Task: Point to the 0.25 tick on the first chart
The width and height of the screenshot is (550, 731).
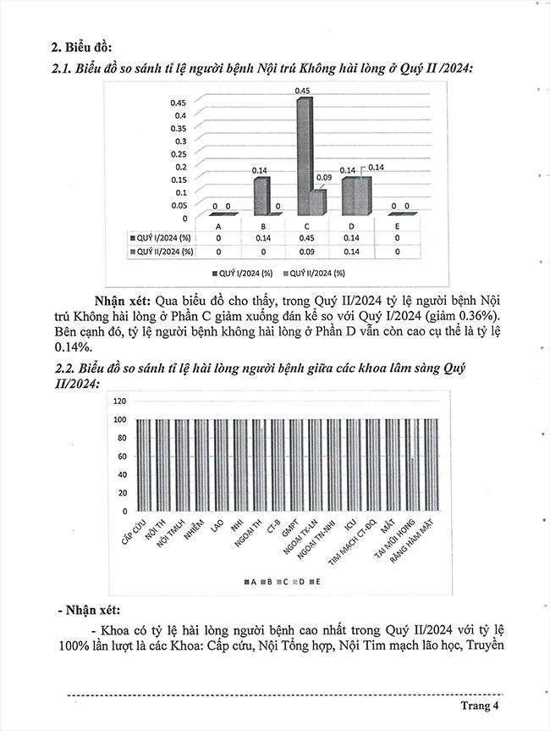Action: tap(180, 153)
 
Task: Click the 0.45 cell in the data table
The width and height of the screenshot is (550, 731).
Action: tap(310, 239)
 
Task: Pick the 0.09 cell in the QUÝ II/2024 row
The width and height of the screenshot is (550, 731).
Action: tap(310, 252)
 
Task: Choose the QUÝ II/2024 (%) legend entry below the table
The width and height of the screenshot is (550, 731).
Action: tap(312, 273)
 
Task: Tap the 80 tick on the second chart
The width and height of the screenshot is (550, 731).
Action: tap(120, 438)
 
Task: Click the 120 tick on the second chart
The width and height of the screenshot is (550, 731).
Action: tap(118, 401)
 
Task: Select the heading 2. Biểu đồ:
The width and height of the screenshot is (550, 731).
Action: tap(81, 46)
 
